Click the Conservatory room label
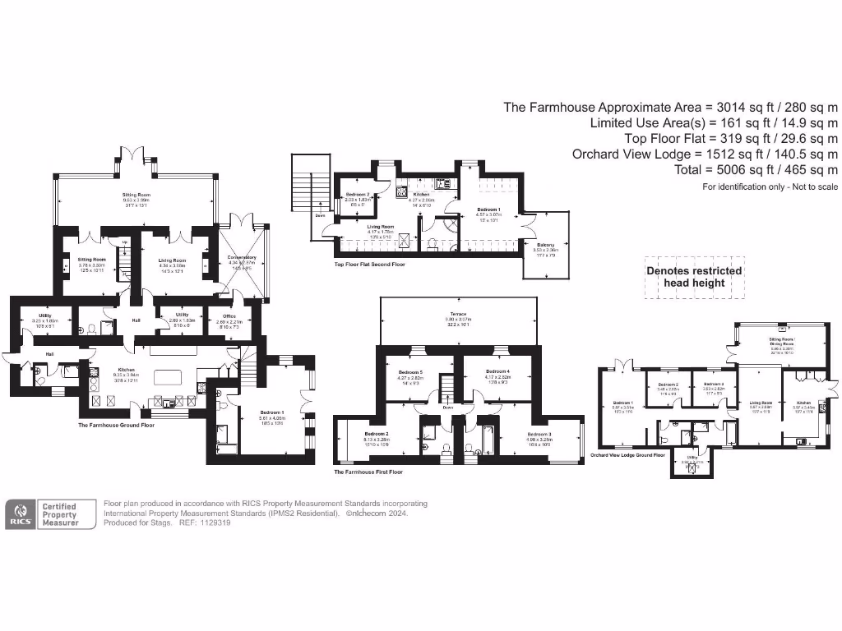242,261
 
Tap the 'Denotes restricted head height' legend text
693,277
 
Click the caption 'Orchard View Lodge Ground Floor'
627,454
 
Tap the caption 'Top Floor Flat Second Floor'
369,265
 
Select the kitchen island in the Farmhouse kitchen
167,377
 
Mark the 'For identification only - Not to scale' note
770,187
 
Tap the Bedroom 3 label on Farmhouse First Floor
539,437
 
